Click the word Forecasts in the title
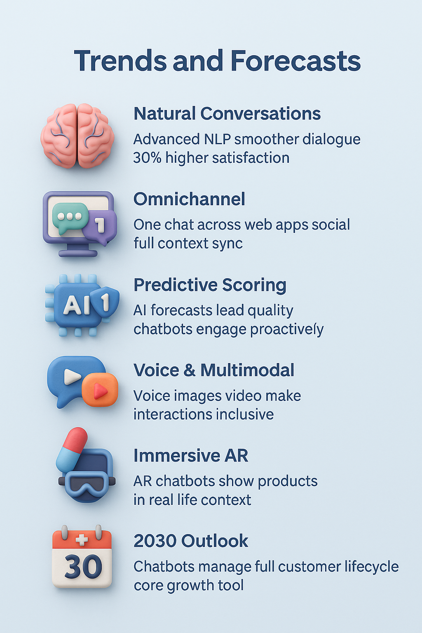click(295, 61)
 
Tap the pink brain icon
click(77, 136)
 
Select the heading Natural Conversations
click(227, 114)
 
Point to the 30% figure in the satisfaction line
click(147, 158)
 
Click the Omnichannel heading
click(189, 199)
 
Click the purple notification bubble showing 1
click(99, 227)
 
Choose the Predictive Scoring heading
click(210, 285)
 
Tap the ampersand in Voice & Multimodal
click(190, 370)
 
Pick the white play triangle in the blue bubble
click(72, 377)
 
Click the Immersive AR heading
click(191, 455)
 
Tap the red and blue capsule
click(72, 449)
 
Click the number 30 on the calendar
click(83, 567)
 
